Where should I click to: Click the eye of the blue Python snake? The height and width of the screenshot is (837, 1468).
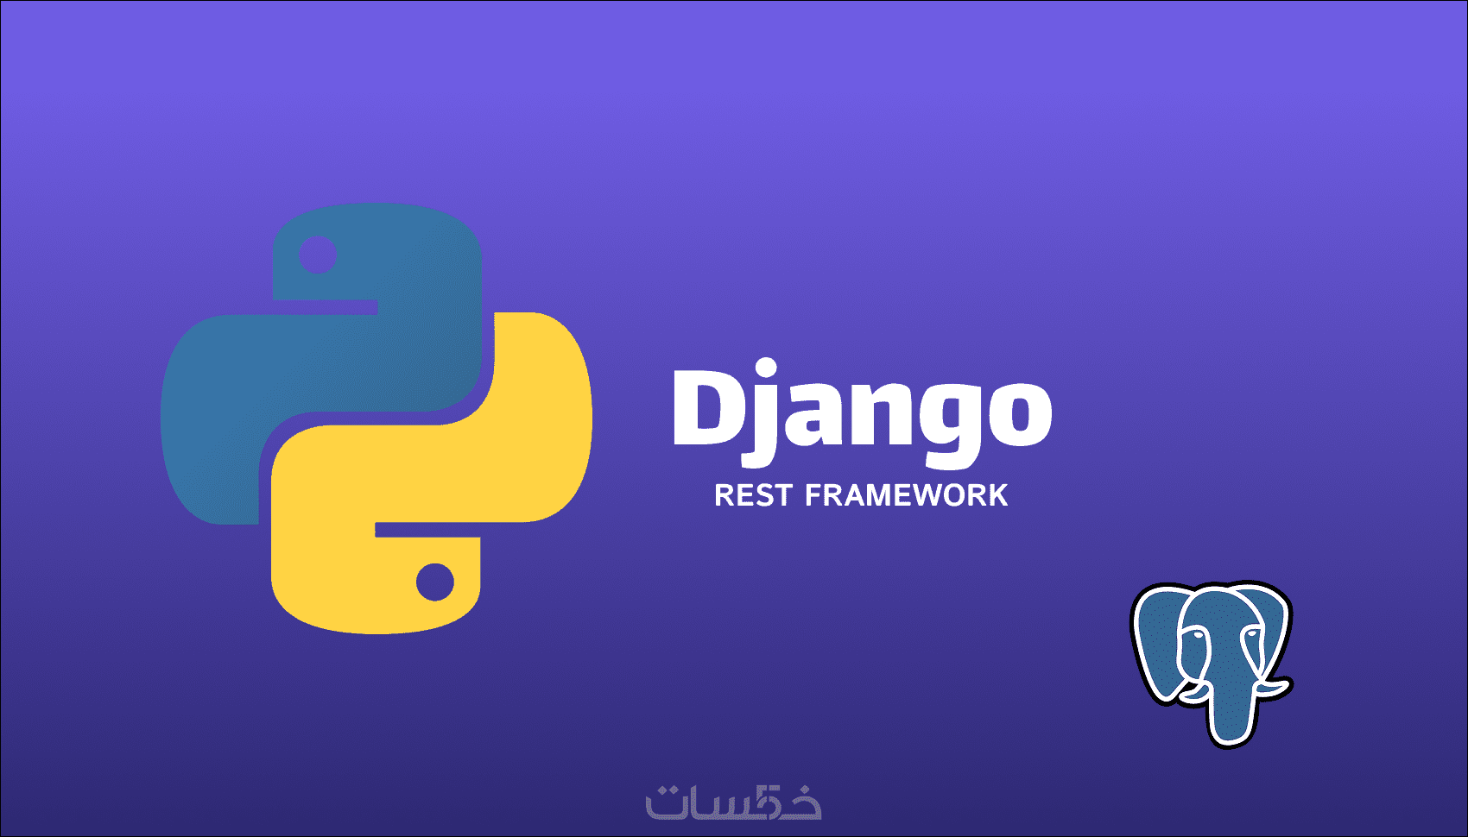pos(318,254)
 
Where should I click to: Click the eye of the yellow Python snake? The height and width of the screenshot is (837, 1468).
pos(435,582)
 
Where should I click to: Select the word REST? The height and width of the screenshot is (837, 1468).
pos(753,495)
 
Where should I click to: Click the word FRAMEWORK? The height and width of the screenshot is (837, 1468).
pos(907,495)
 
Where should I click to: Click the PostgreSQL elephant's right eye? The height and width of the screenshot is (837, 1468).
pos(1252,634)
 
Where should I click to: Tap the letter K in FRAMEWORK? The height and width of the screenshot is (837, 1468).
pos(997,495)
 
